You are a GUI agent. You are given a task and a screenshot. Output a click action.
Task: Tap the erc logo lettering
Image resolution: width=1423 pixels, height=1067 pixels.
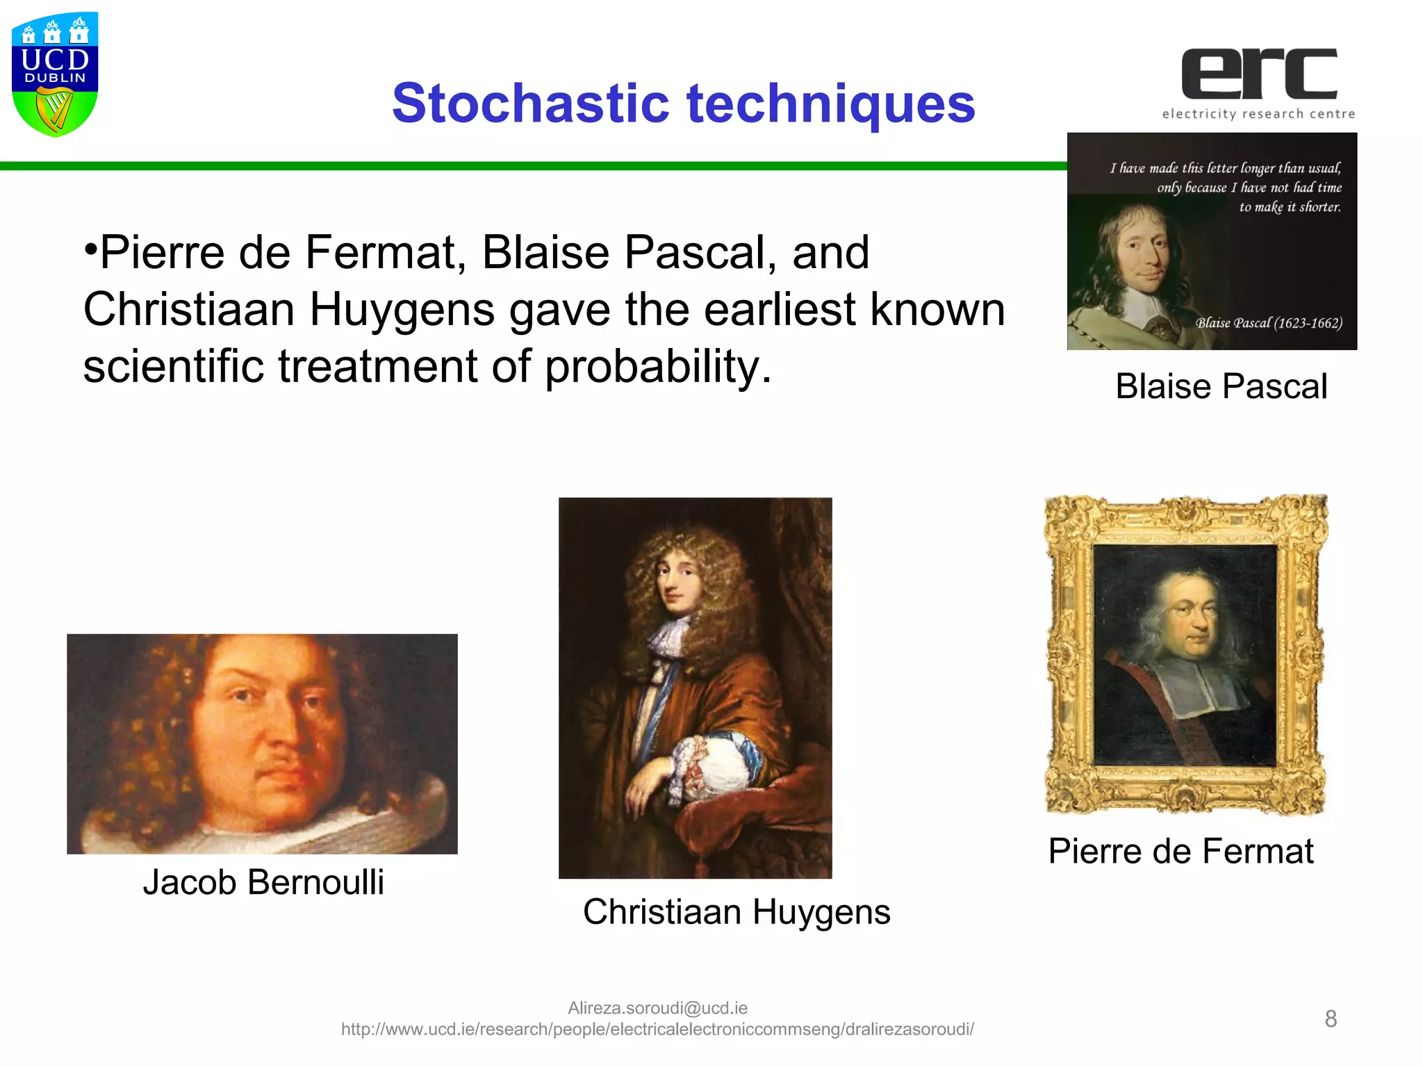(x=1259, y=74)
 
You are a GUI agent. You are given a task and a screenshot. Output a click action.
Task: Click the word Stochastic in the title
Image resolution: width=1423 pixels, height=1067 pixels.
(x=531, y=104)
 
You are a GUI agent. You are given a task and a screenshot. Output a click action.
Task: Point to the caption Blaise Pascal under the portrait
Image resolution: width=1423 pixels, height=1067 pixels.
(x=1221, y=386)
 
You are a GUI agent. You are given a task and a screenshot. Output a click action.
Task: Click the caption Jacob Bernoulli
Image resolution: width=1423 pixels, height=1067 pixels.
(x=263, y=882)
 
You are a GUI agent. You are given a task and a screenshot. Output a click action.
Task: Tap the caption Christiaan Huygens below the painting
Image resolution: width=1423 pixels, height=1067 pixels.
(x=736, y=911)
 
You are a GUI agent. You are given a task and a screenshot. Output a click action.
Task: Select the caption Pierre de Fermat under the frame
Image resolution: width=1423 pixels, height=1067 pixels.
(x=1181, y=851)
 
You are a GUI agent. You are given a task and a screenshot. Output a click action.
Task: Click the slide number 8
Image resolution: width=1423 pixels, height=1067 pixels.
(x=1331, y=1018)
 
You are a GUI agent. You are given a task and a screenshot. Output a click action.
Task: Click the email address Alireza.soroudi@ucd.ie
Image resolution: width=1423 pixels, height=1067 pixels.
(x=657, y=1008)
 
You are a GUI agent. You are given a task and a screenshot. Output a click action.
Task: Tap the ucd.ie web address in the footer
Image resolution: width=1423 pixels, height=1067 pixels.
(x=657, y=1029)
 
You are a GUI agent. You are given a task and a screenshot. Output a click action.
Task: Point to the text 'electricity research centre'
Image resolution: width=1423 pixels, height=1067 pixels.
(x=1258, y=114)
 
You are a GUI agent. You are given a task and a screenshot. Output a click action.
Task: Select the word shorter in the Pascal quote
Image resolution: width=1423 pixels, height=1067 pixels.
(x=1319, y=207)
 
